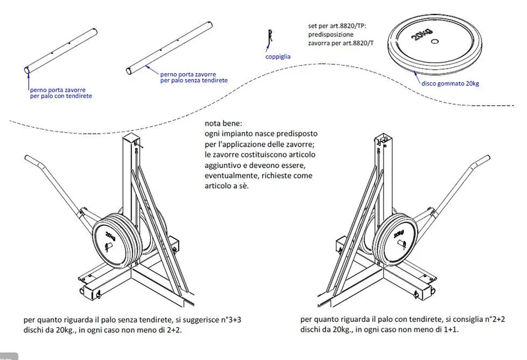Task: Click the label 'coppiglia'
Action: [x=277, y=57]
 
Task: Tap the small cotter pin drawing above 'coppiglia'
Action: [x=270, y=36]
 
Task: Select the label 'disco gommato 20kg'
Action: [x=450, y=84]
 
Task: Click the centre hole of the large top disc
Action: [x=435, y=41]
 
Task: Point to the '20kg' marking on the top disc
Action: [x=422, y=36]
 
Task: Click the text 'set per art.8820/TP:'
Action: [x=337, y=26]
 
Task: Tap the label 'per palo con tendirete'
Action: [x=61, y=96]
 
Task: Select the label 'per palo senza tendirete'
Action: [x=194, y=80]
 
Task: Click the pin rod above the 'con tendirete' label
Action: [x=61, y=51]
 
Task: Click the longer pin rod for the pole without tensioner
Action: [x=169, y=47]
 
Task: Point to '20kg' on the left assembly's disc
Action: [x=111, y=236]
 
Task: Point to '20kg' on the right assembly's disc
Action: [x=399, y=234]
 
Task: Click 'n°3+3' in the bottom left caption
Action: [x=231, y=319]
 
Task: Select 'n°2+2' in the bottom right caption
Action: [x=495, y=319]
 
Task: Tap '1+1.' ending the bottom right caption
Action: [x=451, y=330]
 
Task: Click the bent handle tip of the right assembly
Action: [x=487, y=158]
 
